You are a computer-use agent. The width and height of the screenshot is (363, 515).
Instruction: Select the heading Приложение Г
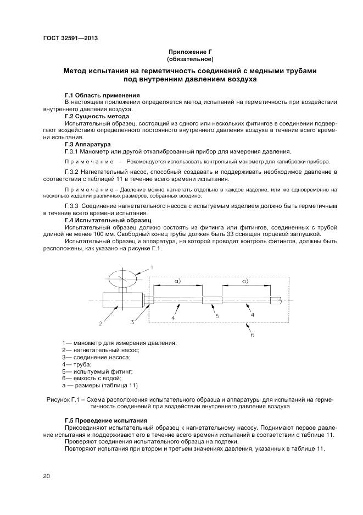point(190,51)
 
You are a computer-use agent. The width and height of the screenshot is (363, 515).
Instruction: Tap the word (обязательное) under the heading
point(190,58)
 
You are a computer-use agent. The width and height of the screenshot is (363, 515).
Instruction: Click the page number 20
point(46,476)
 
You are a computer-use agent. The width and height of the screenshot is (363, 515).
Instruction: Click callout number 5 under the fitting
point(217,316)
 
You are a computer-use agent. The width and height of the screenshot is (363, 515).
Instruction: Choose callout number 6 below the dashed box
point(252,334)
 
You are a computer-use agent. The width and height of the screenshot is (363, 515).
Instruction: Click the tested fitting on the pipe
point(213,300)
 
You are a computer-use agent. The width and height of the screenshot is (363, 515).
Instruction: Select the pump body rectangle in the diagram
point(122,300)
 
